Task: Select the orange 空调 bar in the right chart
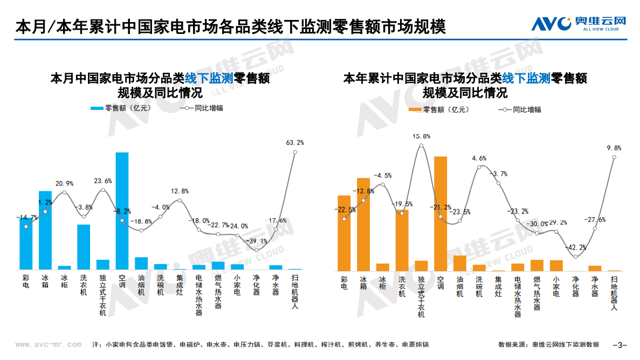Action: pyautogui.click(x=440, y=213)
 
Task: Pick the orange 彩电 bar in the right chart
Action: pyautogui.click(x=344, y=233)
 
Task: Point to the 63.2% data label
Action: pyautogui.click(x=295, y=143)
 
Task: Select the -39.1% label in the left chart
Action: pyautogui.click(x=257, y=241)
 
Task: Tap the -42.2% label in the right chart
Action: pyautogui.click(x=575, y=247)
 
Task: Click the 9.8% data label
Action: pyautogui.click(x=614, y=148)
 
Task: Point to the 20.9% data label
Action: pyautogui.click(x=64, y=184)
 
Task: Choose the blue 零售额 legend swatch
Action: pyautogui.click(x=97, y=108)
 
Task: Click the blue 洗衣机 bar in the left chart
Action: pyautogui.click(x=84, y=246)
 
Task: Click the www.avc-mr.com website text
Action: pyautogui.click(x=49, y=344)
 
